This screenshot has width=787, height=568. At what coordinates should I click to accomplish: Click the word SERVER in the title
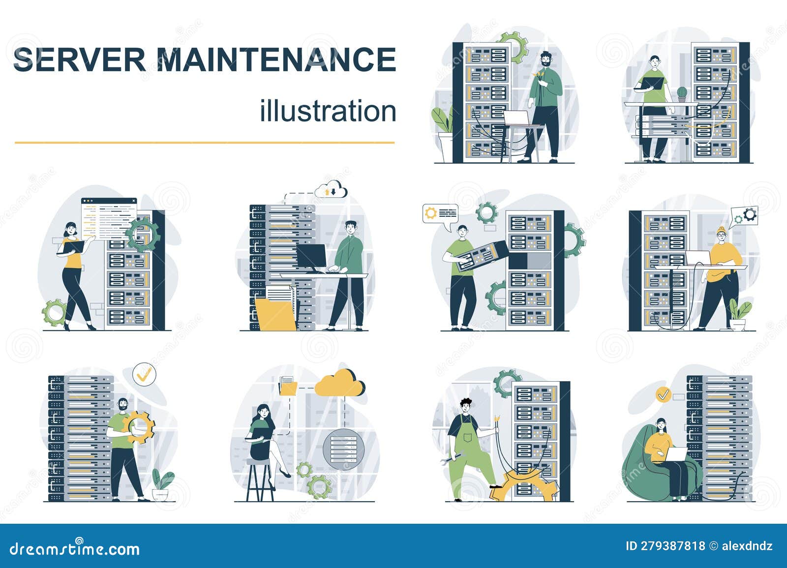(x=79, y=60)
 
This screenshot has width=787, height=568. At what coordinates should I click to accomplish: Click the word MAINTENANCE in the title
(x=276, y=60)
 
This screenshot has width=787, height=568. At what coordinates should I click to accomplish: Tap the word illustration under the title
(x=328, y=111)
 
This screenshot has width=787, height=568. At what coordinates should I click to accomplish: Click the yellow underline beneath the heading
(x=204, y=143)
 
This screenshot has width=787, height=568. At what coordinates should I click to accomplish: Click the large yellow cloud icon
(x=340, y=383)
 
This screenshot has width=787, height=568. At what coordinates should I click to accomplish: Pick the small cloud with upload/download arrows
(x=333, y=190)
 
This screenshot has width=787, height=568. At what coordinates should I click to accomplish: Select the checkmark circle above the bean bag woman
(x=663, y=394)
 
